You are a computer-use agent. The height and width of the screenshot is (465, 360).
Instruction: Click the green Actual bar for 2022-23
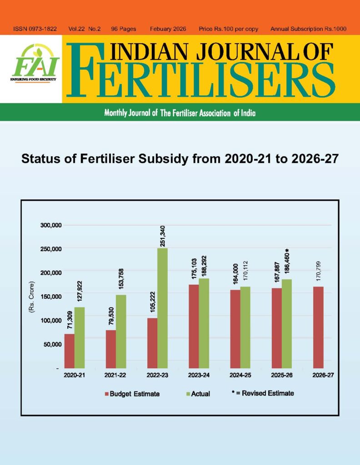click(x=162, y=308)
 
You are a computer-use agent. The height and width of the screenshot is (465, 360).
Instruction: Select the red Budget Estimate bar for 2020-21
click(x=69, y=351)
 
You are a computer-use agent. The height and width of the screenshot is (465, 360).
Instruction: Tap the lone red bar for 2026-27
click(x=318, y=327)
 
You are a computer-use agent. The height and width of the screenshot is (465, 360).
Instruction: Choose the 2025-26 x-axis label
click(x=281, y=376)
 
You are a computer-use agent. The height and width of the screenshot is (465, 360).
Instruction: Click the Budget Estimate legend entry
click(x=132, y=394)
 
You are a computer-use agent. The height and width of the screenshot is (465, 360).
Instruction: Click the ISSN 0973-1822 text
click(x=35, y=29)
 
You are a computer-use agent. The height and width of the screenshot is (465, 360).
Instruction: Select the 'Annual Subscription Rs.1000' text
click(x=308, y=29)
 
